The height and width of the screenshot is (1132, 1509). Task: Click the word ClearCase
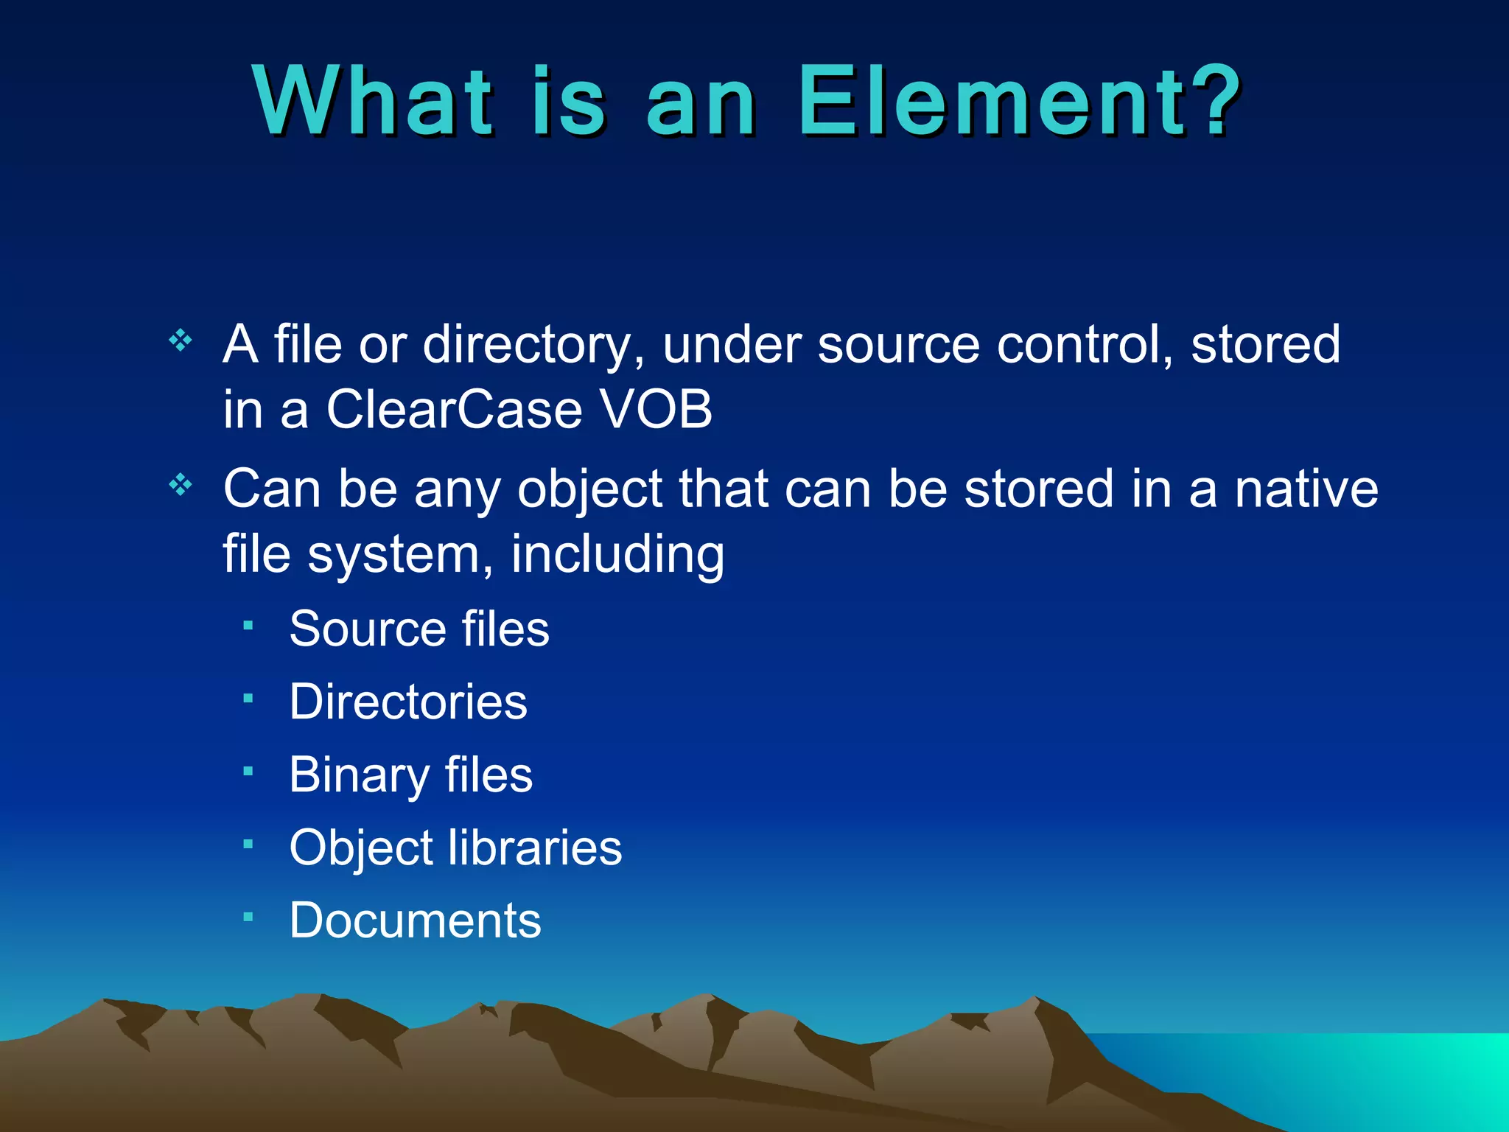[454, 409]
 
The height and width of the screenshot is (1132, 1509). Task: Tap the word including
[617, 554]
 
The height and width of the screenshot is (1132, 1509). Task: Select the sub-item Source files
[419, 629]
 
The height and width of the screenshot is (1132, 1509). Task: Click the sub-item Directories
[408, 701]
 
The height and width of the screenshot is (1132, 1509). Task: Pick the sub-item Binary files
[410, 775]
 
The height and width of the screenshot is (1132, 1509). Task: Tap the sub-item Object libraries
[455, 848]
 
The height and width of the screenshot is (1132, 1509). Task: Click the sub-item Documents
[415, 920]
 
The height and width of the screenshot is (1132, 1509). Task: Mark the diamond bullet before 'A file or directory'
[181, 340]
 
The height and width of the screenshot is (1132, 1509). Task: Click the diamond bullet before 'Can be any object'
[181, 485]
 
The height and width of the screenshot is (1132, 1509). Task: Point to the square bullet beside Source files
[248, 626]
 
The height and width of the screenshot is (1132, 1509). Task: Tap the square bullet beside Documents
[248, 918]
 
